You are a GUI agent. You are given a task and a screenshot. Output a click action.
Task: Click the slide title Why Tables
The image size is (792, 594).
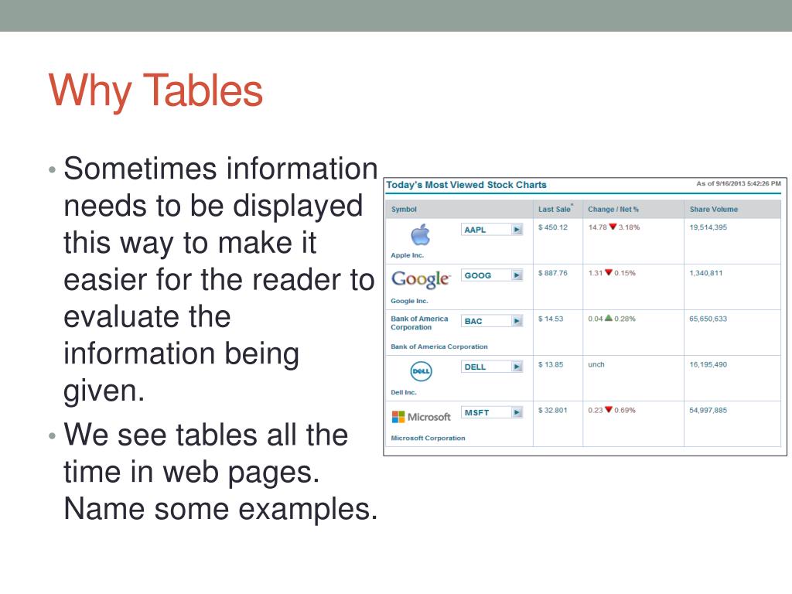pyautogui.click(x=155, y=90)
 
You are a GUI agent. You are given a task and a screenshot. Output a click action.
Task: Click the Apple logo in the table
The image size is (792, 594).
pyautogui.click(x=420, y=234)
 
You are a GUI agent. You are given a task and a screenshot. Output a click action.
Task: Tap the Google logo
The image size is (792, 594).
pyautogui.click(x=420, y=279)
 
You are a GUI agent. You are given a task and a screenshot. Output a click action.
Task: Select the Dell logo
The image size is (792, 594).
pyautogui.click(x=421, y=371)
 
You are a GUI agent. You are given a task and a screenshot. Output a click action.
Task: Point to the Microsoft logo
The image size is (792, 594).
pyautogui.click(x=421, y=417)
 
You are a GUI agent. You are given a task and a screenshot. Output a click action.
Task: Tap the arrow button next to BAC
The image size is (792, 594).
pyautogui.click(x=517, y=321)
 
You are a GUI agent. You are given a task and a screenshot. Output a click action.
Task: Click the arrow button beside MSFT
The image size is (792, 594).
pyautogui.click(x=517, y=413)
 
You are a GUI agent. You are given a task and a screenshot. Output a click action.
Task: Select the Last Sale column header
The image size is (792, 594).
pyautogui.click(x=555, y=210)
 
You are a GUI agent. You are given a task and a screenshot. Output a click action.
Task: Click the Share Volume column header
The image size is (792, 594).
pyautogui.click(x=713, y=210)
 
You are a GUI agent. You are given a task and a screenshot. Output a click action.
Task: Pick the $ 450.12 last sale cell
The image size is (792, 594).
pyautogui.click(x=553, y=227)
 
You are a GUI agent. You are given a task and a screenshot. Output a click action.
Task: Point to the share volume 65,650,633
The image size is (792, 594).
pyautogui.click(x=708, y=319)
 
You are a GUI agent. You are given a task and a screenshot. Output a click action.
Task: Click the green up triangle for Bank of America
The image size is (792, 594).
pyautogui.click(x=609, y=318)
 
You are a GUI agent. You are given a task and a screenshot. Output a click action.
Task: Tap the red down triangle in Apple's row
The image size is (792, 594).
pyautogui.click(x=613, y=227)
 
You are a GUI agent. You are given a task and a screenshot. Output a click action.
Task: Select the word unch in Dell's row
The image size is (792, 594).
pyautogui.click(x=596, y=364)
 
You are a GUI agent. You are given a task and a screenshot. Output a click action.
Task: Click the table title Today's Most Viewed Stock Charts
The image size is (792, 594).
pyautogui.click(x=466, y=185)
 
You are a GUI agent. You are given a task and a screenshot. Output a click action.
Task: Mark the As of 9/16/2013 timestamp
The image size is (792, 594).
pyautogui.click(x=738, y=183)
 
